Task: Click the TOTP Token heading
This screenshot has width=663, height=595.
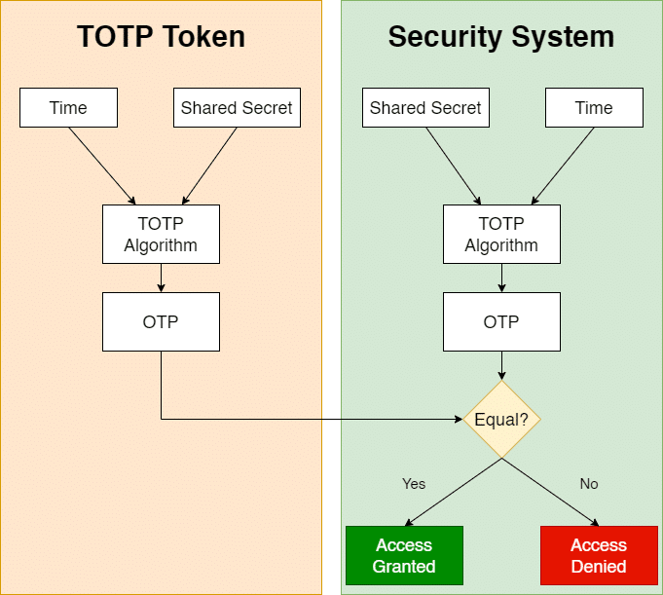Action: pyautogui.click(x=161, y=37)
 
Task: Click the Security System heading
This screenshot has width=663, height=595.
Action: pyautogui.click(x=500, y=37)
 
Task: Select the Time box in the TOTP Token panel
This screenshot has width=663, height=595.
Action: pyautogui.click(x=68, y=108)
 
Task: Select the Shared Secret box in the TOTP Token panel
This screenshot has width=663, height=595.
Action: pyautogui.click(x=237, y=108)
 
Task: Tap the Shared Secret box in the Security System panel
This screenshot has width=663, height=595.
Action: pyautogui.click(x=425, y=108)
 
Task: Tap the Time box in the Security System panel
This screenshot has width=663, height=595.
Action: pyautogui.click(x=594, y=108)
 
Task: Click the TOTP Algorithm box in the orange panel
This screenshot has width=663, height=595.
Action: pyautogui.click(x=161, y=235)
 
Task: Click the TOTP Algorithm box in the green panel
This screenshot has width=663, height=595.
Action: pyautogui.click(x=501, y=235)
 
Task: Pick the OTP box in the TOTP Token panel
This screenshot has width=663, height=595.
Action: pyautogui.click(x=161, y=321)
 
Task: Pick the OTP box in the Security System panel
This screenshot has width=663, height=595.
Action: pyautogui.click(x=501, y=321)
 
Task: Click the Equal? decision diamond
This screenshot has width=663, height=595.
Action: pyautogui.click(x=501, y=420)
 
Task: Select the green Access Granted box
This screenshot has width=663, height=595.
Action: pyautogui.click(x=404, y=555)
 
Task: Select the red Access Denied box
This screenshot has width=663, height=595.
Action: pyautogui.click(x=599, y=555)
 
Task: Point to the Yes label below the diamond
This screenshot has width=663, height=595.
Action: pyautogui.click(x=414, y=484)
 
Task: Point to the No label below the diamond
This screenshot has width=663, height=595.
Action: pyautogui.click(x=589, y=484)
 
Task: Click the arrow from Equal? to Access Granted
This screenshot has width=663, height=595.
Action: pyautogui.click(x=454, y=492)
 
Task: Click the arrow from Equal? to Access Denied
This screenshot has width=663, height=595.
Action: pyautogui.click(x=549, y=492)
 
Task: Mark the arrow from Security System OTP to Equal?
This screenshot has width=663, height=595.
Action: pyautogui.click(x=501, y=365)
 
